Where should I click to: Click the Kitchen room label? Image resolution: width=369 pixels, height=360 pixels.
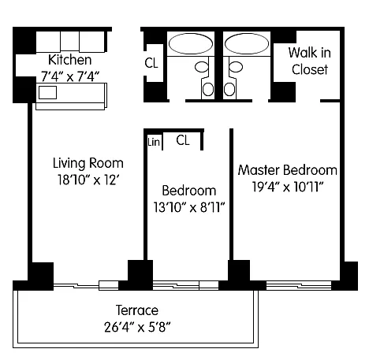pos(70,60)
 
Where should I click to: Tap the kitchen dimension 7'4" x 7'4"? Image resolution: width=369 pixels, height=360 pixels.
pos(70,76)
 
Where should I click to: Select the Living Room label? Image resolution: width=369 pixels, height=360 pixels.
pos(88,163)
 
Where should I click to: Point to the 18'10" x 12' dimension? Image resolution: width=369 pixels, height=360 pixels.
pos(88,180)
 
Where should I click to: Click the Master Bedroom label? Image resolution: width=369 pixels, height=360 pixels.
pos(288,170)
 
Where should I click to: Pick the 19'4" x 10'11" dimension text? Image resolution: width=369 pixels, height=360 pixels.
pos(288,187)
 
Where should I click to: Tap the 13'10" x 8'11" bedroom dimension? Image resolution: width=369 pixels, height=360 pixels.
pos(189,207)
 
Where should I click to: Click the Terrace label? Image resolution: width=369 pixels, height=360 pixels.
pos(137,310)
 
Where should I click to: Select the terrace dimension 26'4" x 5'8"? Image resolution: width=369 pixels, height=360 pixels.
pos(137,327)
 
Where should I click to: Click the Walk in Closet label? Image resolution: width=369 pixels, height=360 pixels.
pos(310,61)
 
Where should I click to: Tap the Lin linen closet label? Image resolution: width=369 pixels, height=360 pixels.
pos(154,142)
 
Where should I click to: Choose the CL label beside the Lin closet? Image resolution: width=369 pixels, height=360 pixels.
pos(183,140)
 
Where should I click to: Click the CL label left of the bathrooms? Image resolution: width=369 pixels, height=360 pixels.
pos(151,63)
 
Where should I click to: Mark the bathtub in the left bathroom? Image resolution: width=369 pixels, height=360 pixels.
pos(191,43)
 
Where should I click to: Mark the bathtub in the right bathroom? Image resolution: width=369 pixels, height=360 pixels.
pos(247,43)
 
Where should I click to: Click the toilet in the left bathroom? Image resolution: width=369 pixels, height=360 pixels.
pos(204,79)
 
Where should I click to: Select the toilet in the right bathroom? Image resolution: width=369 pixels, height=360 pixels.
pos(233,79)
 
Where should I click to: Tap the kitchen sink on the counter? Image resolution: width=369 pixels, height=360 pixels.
pos(47,92)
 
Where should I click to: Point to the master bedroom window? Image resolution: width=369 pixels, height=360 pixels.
pos(299,285)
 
